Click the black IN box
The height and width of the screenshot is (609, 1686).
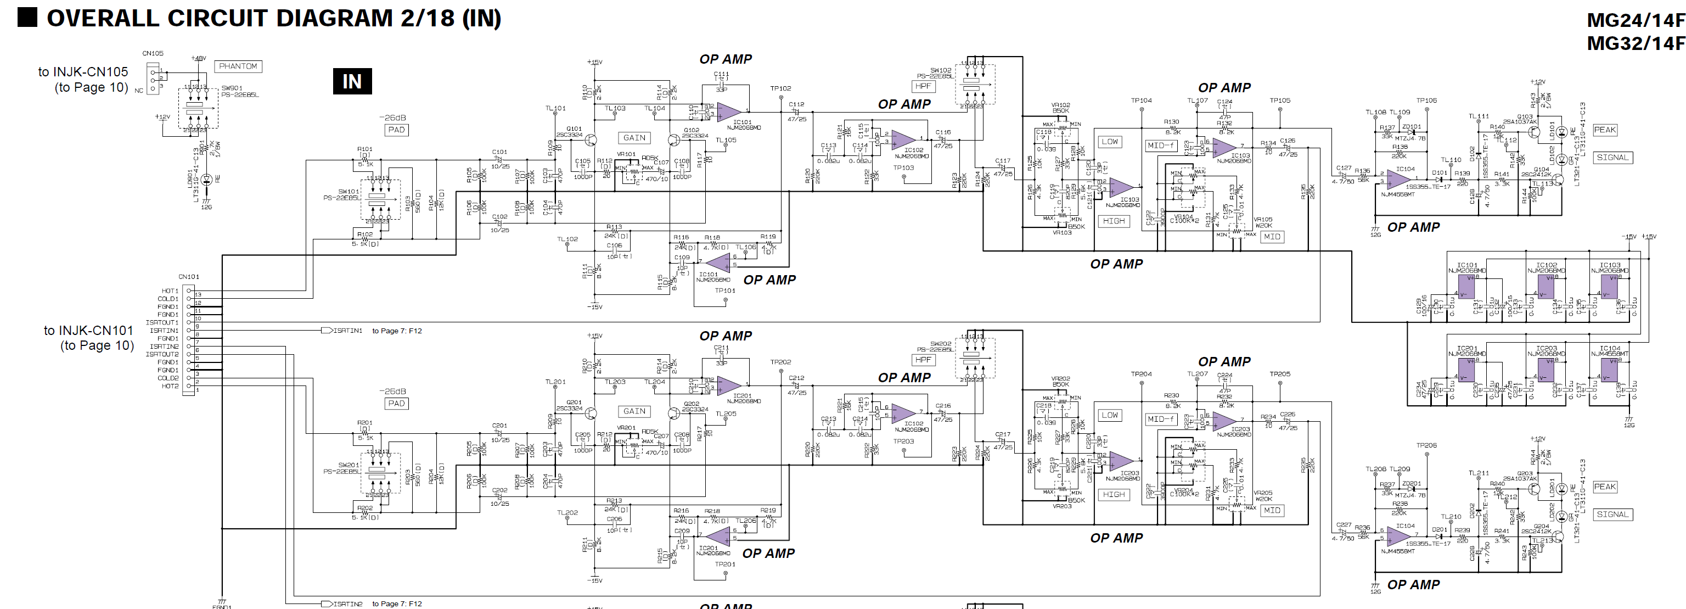pyautogui.click(x=352, y=81)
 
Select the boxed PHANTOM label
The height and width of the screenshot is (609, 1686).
pyautogui.click(x=238, y=66)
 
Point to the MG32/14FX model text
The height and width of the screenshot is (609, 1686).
pyautogui.click(x=1635, y=43)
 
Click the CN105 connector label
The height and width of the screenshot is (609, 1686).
pyautogui.click(x=153, y=54)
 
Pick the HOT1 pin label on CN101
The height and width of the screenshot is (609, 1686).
pyautogui.click(x=170, y=290)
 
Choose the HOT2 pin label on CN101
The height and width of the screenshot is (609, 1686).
pyautogui.click(x=170, y=387)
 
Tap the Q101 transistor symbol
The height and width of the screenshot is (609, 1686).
pyautogui.click(x=591, y=139)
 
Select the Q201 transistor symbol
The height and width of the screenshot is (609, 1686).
pyautogui.click(x=591, y=413)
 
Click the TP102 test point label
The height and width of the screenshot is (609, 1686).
pyautogui.click(x=780, y=88)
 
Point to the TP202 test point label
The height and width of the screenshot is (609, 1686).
pyautogui.click(x=780, y=362)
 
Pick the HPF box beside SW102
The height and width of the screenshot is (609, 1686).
pyautogui.click(x=923, y=86)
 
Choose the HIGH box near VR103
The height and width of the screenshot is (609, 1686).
pyautogui.click(x=1114, y=221)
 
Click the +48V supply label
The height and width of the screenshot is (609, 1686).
pyautogui.click(x=198, y=58)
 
